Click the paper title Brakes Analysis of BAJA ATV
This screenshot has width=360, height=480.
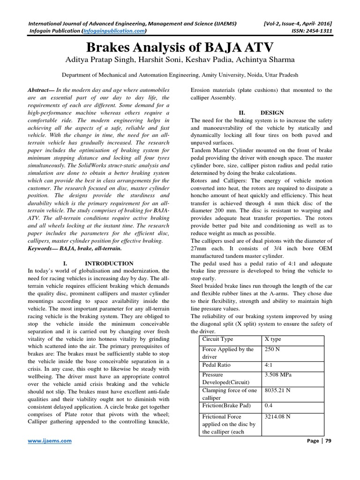coord(180,48)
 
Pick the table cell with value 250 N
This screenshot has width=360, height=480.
coord(273,349)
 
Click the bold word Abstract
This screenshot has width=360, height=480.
coord(41,90)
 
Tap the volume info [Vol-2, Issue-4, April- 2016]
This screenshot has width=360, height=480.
coord(295,22)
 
